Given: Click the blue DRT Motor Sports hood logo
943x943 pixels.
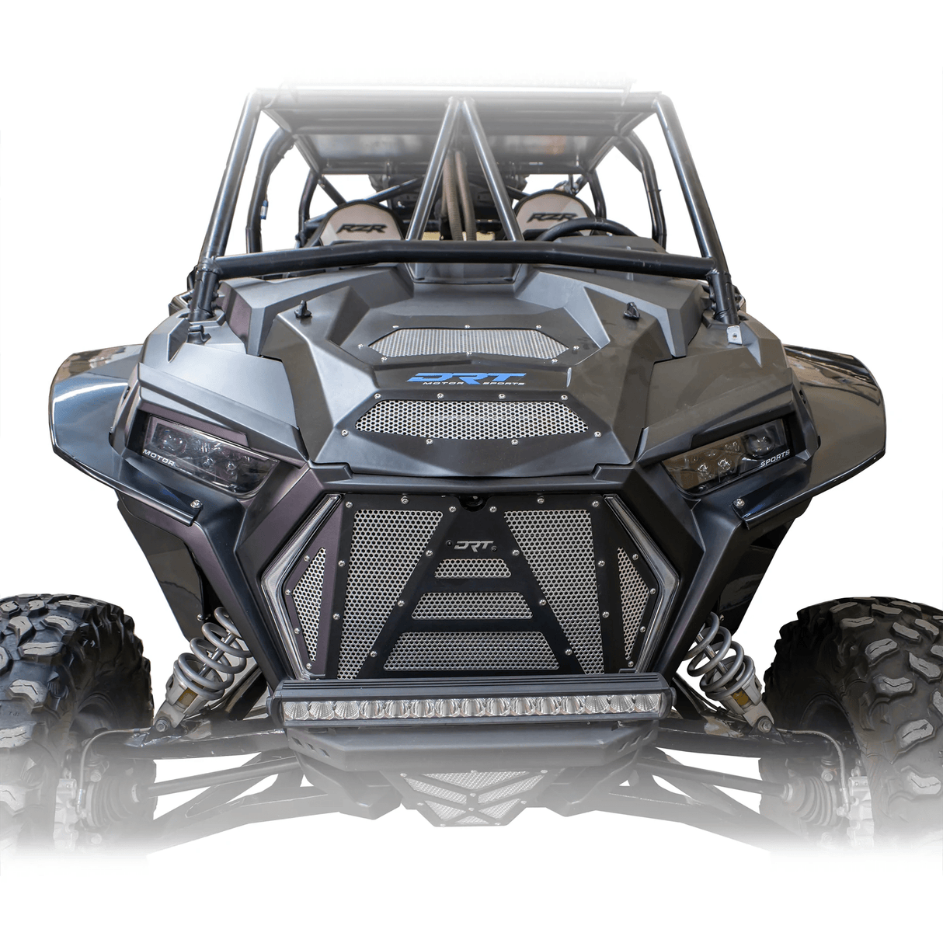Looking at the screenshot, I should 467,379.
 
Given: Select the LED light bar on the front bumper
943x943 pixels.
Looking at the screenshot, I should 471,706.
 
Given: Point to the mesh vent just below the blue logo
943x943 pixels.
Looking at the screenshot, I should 470,420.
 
